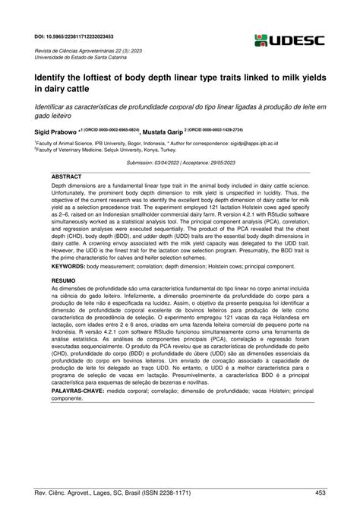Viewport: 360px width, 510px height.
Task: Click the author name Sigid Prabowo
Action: [x=58, y=131]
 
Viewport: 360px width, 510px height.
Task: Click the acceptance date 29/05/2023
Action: [x=237, y=162]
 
